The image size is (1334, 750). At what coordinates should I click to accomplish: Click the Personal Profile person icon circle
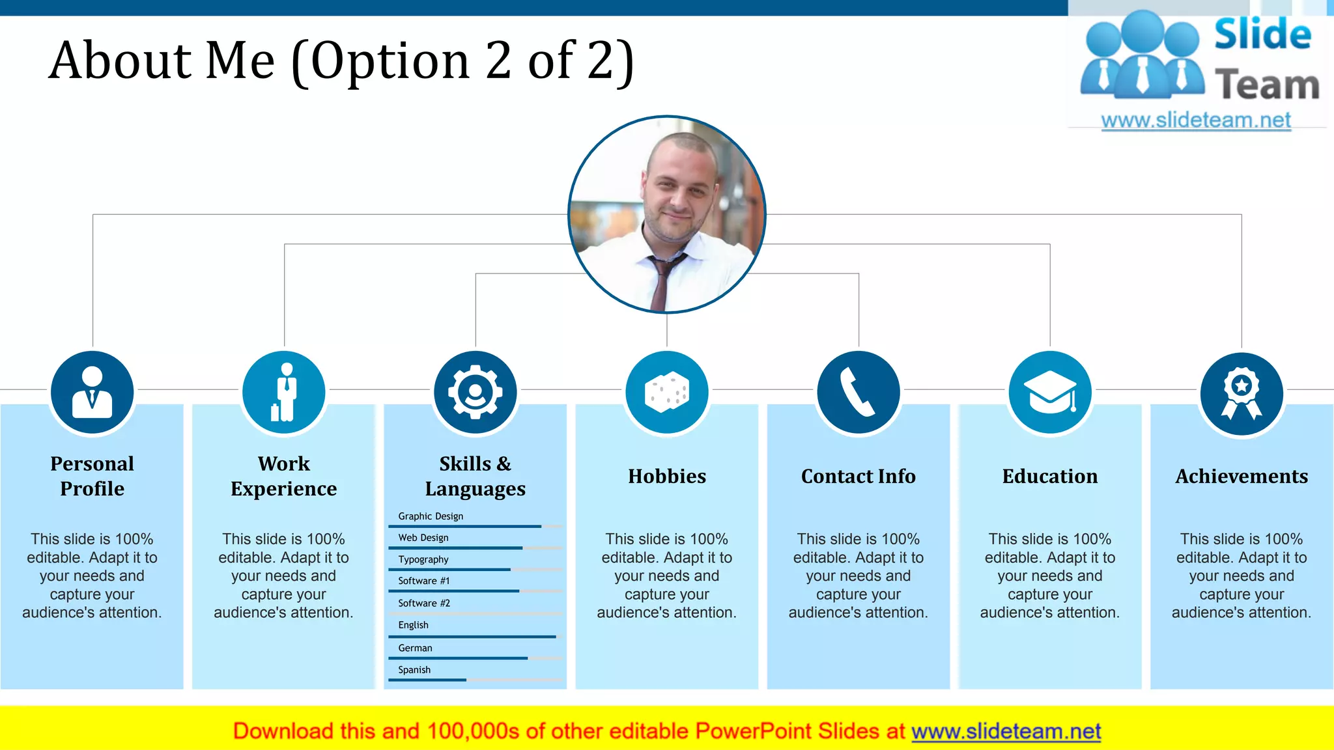pos(92,393)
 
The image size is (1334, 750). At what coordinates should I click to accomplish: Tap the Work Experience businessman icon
pos(284,393)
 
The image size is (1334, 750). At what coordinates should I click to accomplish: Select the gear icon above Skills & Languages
pos(475,393)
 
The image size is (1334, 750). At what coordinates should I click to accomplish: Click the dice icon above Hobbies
pos(667,393)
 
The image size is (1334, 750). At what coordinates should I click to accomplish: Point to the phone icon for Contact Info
pos(859,393)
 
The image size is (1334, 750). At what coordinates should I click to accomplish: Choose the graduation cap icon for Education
pos(1050,393)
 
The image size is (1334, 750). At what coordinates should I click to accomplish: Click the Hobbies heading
pos(667,477)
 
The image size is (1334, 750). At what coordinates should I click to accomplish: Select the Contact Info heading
pos(859,477)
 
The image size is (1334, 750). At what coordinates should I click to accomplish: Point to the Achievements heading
pos(1242,477)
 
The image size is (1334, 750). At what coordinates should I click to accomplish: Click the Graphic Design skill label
pos(431,516)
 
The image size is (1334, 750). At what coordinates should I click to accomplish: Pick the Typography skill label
pos(423,559)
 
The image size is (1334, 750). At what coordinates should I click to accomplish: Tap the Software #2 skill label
pos(424,603)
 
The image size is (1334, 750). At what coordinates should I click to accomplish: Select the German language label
pos(415,648)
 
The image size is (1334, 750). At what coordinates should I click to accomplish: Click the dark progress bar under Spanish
pos(427,680)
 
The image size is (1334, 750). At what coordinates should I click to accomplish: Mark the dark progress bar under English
pos(472,637)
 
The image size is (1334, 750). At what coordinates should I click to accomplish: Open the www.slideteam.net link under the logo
pos(1196,120)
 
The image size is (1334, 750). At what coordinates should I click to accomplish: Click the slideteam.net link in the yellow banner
pos(1006,731)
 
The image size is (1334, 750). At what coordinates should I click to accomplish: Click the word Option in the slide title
pos(390,61)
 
